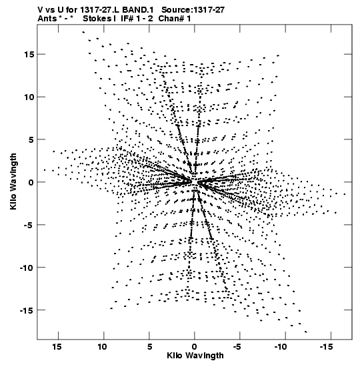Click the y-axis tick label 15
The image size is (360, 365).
click(x=29, y=55)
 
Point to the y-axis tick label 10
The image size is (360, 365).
click(x=29, y=97)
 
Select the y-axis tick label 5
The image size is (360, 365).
click(x=31, y=139)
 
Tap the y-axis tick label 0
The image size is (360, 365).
click(x=31, y=182)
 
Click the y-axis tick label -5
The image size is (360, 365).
click(x=29, y=225)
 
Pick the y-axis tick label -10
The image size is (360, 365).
click(x=27, y=268)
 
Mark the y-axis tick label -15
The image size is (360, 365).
click(x=27, y=310)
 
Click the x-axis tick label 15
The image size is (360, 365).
click(x=57, y=346)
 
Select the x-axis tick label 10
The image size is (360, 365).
click(x=102, y=346)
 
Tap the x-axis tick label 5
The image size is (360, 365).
click(x=149, y=346)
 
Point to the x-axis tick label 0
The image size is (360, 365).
click(x=195, y=346)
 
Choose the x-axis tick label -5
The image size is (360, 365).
click(x=237, y=346)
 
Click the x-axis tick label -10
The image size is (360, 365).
click(x=281, y=346)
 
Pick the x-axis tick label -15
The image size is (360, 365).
click(x=326, y=346)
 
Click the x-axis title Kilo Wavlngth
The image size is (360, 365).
click(x=195, y=356)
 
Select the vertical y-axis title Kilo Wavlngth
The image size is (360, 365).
click(x=13, y=181)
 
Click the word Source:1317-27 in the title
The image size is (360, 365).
click(x=193, y=10)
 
